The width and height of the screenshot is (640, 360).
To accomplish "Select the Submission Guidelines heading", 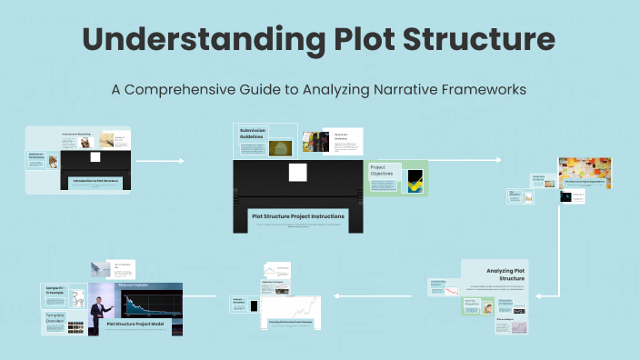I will coord(253,134).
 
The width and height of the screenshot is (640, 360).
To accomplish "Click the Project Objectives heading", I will coord(382,170).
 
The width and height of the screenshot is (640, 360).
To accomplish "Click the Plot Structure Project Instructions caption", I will coord(297,216).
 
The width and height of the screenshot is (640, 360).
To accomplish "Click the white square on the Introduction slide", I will coord(95,157).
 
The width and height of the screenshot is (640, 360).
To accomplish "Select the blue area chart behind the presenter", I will coord(145,304).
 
